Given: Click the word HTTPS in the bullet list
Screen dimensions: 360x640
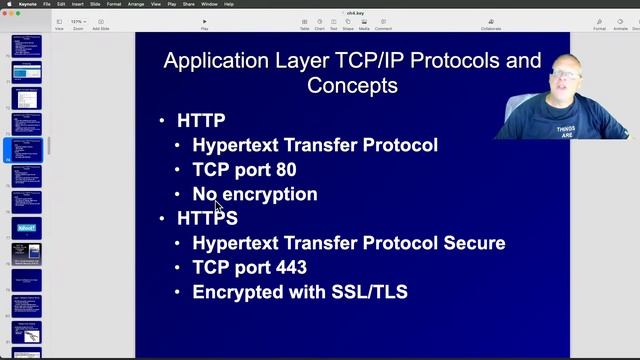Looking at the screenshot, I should pos(207,218).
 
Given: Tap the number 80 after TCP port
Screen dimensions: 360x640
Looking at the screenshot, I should pos(285,170).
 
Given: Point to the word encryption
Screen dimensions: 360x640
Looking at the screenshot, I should pos(269,194).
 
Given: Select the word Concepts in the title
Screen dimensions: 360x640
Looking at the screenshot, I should pos(352,86).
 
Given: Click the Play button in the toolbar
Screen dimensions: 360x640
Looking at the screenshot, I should pos(205,21).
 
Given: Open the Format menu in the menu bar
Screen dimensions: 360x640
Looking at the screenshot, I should pos(113,4).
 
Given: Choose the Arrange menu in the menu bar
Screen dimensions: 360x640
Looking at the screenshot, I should pos(135,4).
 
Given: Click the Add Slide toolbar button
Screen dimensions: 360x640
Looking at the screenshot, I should pos(101,21).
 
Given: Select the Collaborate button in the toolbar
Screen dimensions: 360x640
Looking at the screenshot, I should pos(490,21).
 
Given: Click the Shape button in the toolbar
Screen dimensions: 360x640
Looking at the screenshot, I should pos(347,21).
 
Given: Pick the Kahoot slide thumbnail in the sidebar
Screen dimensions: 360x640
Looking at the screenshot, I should pos(27,228).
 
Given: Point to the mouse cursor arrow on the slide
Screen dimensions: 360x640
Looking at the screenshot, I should pos(218,206).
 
